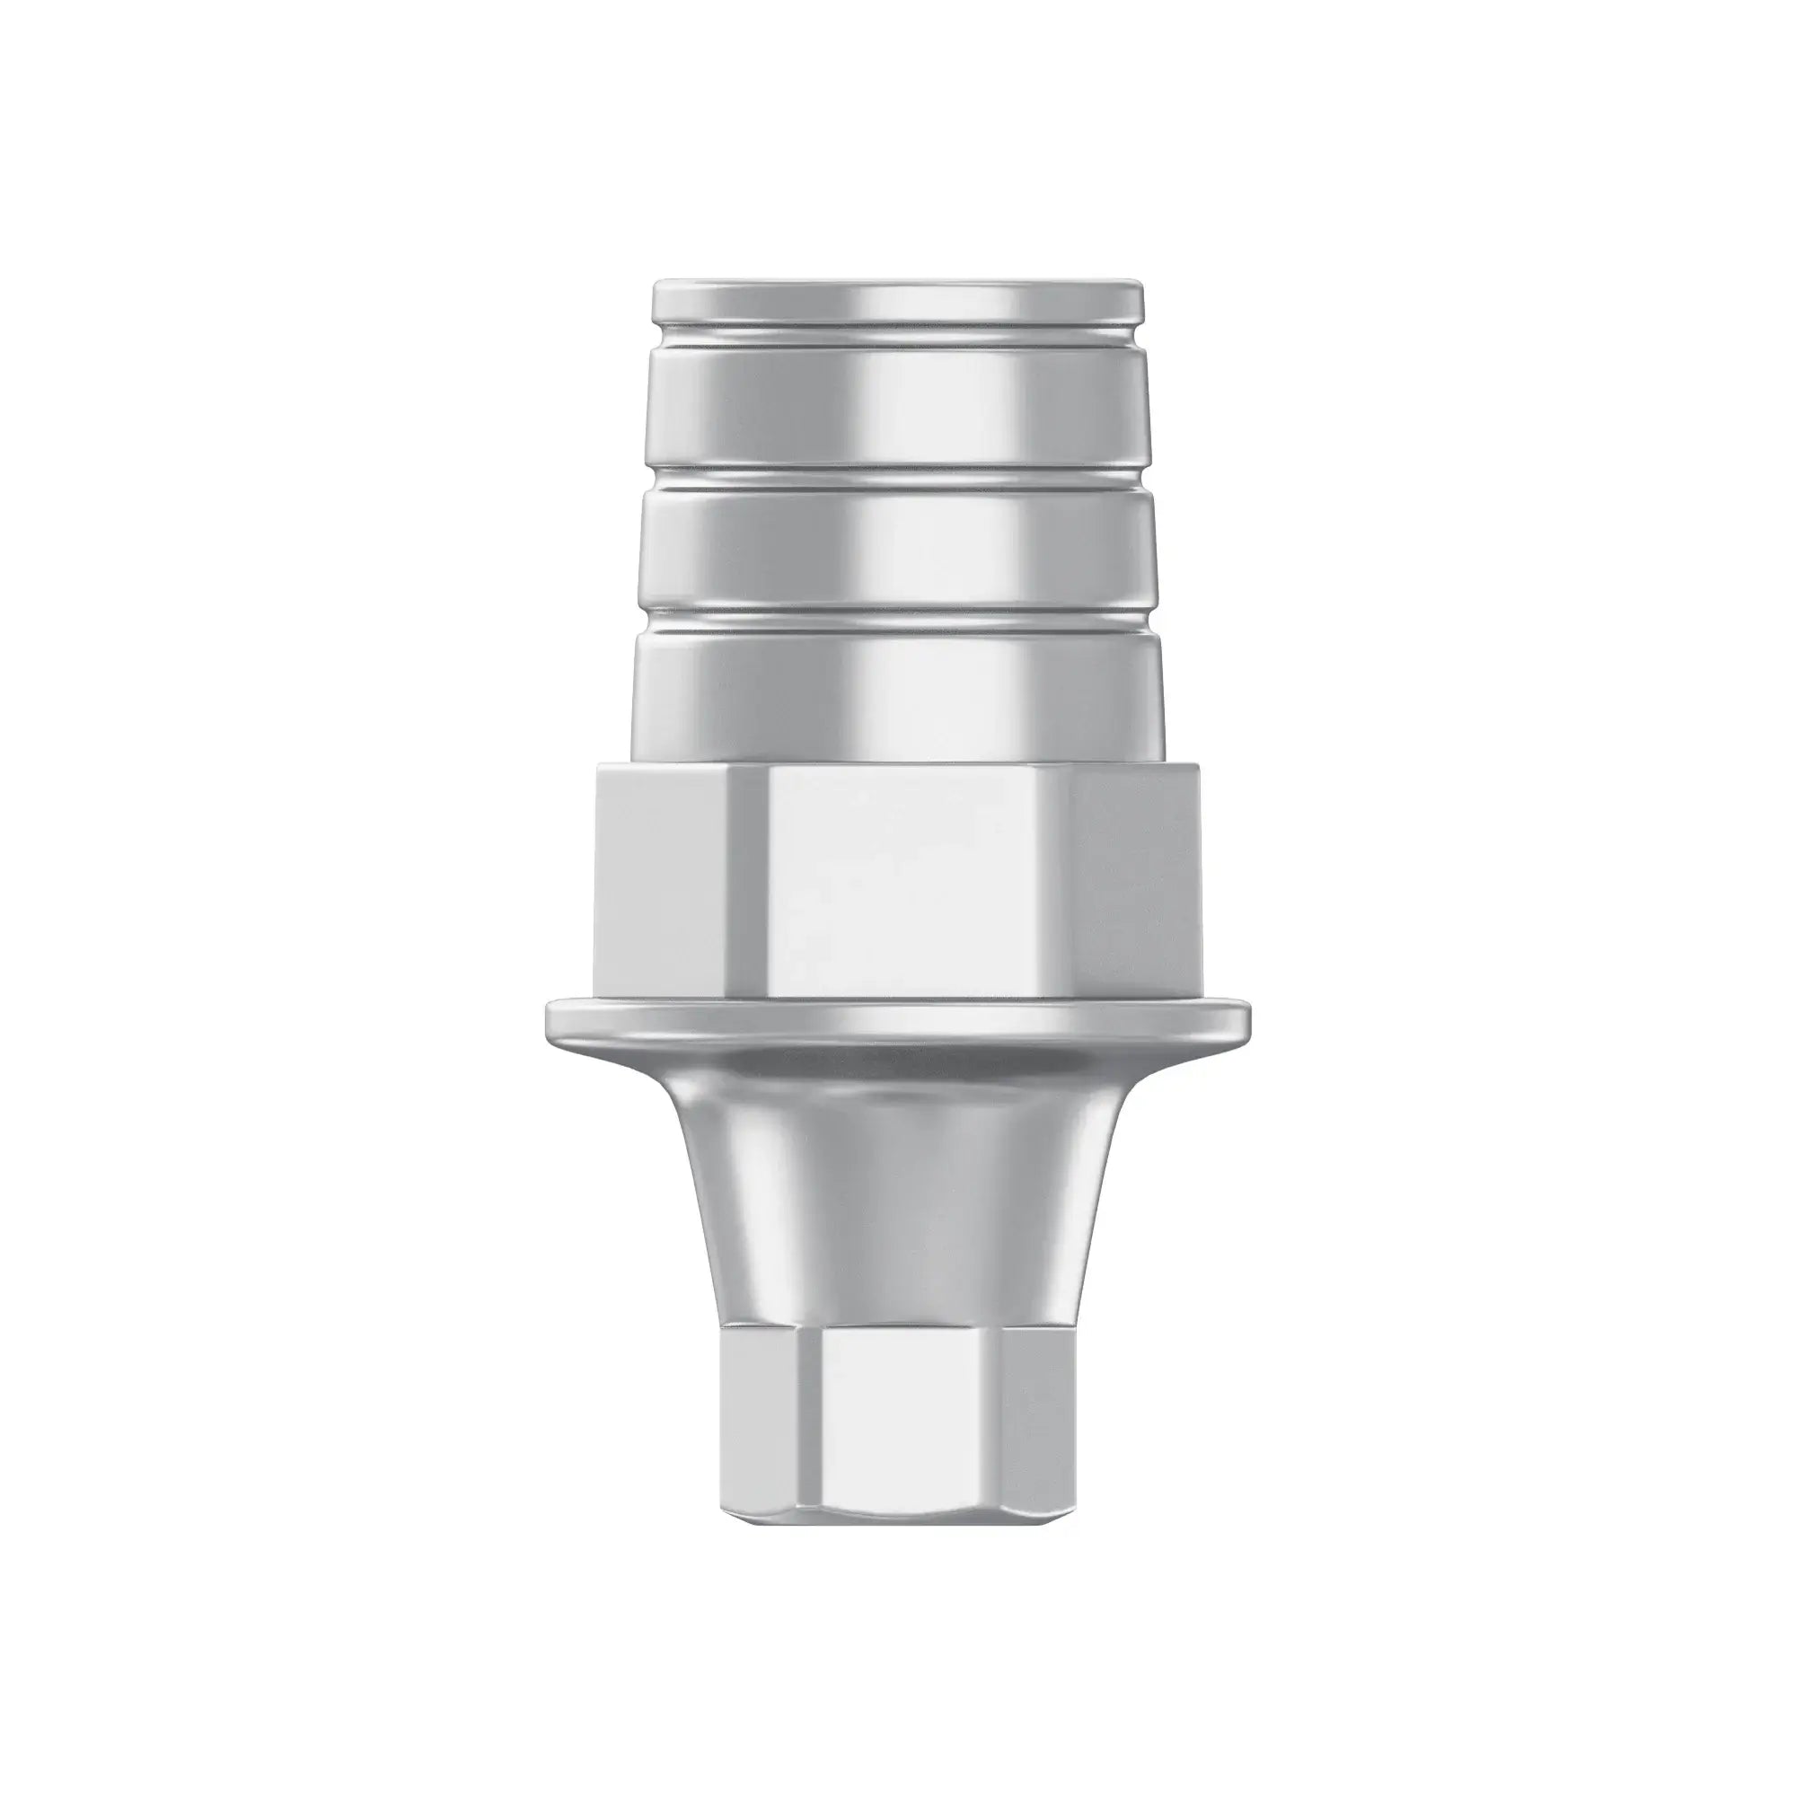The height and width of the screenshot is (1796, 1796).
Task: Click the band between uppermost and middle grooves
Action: point(897,409)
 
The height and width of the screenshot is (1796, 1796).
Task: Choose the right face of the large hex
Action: point(1139,883)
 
